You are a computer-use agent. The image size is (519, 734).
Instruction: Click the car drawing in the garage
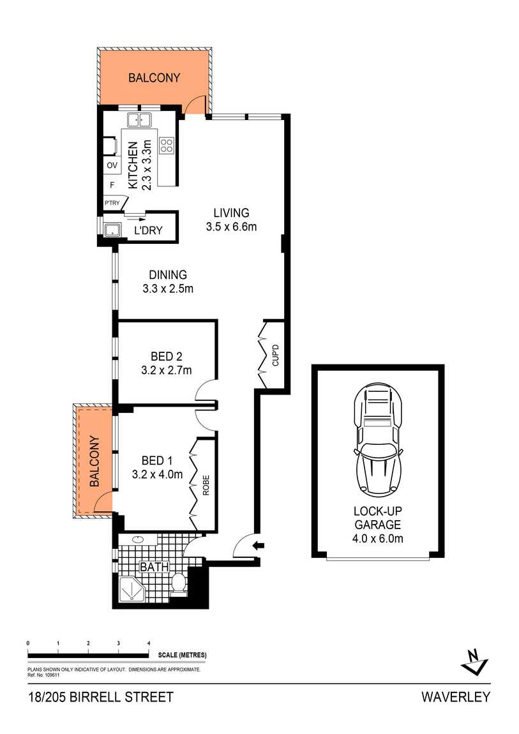pos(378,439)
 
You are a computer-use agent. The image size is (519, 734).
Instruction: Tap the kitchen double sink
pos(140,120)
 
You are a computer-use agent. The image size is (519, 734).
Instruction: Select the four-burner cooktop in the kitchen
pos(166,146)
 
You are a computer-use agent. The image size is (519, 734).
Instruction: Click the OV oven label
pos(112,165)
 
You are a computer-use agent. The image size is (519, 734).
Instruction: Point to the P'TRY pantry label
pos(112,203)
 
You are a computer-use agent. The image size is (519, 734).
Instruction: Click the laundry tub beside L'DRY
pos(112,230)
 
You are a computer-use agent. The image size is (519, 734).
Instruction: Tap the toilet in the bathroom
pos(178,584)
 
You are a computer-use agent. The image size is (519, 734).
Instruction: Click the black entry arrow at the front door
pos(259,545)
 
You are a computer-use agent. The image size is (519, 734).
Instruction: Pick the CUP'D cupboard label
pos(275,355)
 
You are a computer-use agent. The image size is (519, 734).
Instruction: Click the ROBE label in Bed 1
pos(206,486)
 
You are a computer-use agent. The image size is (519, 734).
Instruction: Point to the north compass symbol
pos(474,661)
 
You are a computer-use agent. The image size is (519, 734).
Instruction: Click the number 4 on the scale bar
pos(149,643)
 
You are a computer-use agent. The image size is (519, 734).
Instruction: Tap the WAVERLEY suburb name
pos(456,697)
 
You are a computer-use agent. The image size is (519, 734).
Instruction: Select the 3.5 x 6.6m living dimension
pos(231,227)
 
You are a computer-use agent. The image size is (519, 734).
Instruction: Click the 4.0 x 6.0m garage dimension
pos(378,539)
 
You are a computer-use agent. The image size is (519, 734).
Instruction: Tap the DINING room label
pos(168,275)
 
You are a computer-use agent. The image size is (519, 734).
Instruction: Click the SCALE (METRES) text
pos(182,655)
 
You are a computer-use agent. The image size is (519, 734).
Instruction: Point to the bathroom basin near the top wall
pos(138,540)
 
